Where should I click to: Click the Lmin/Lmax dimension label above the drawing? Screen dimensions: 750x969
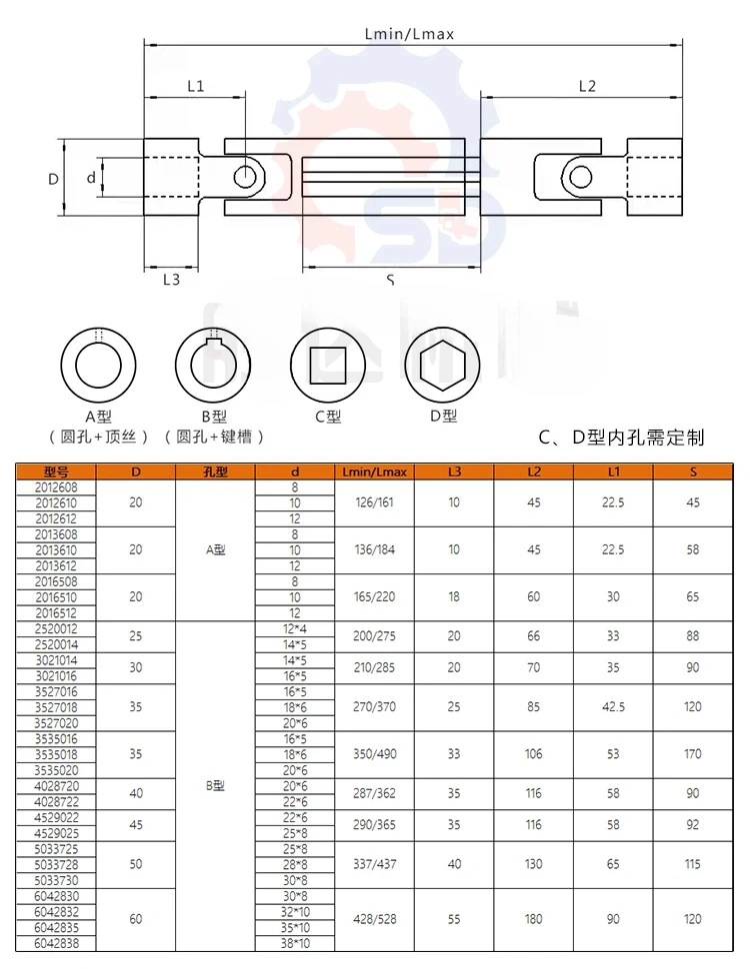point(409,34)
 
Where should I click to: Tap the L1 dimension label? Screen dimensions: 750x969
point(196,86)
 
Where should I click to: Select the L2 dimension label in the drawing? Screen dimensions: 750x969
point(587,86)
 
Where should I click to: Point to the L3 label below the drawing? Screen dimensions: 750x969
point(171,280)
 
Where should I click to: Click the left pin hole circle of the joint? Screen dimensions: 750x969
point(245,178)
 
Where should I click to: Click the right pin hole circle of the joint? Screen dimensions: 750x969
point(580,178)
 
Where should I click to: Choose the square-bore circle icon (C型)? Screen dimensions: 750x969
point(328,366)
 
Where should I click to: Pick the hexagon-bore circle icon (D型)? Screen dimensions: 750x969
point(442,366)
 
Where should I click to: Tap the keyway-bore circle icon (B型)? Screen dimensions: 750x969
point(213,366)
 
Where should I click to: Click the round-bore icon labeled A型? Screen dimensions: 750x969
point(98,366)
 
